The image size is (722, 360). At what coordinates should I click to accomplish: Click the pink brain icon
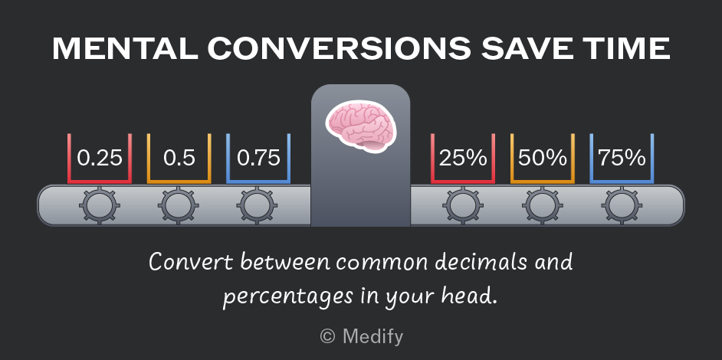pyautogui.click(x=361, y=126)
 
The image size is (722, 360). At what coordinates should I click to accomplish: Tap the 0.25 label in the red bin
pyautogui.click(x=100, y=158)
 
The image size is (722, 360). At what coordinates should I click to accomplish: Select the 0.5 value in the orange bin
pyautogui.click(x=179, y=158)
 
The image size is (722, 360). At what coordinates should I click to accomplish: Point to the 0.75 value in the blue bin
pyautogui.click(x=258, y=158)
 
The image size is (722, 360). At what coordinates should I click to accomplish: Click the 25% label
pyautogui.click(x=463, y=158)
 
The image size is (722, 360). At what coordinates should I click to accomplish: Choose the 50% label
pyautogui.click(x=543, y=158)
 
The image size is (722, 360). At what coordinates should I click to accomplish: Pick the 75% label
pyautogui.click(x=622, y=158)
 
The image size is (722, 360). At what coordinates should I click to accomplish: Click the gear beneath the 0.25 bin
pyautogui.click(x=100, y=205)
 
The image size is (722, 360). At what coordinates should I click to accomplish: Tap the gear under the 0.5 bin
pyautogui.click(x=178, y=205)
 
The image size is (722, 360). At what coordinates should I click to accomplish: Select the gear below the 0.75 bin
pyautogui.click(x=257, y=205)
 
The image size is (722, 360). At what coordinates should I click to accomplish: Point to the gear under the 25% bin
pyautogui.click(x=463, y=205)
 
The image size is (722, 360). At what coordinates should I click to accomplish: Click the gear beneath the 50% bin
pyautogui.click(x=543, y=205)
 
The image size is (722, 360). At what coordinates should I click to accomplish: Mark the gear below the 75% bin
pyautogui.click(x=622, y=205)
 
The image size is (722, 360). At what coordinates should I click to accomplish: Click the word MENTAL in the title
pyautogui.click(x=125, y=48)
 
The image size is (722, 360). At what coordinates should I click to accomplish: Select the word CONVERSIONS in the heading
pyautogui.click(x=340, y=48)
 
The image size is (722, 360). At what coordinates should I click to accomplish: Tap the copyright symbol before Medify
pyautogui.click(x=327, y=336)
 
